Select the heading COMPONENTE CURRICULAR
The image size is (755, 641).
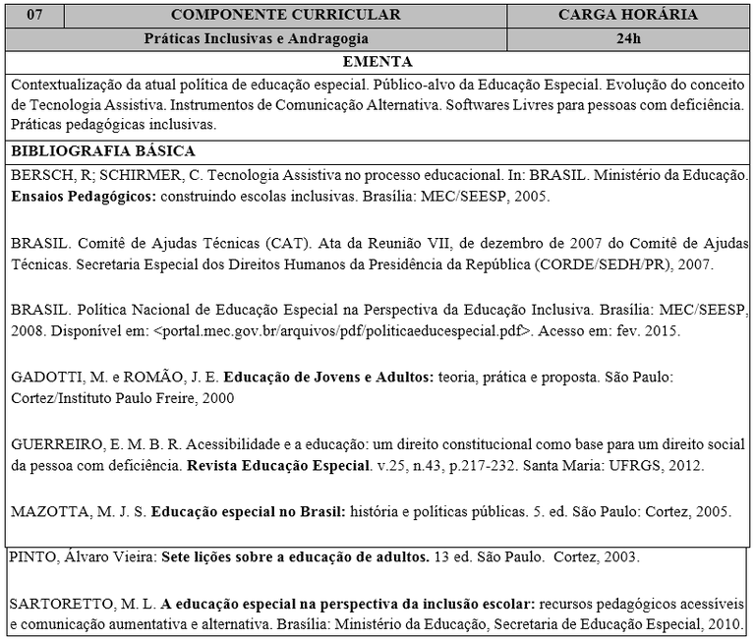coord(286,15)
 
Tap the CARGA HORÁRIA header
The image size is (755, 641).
coord(628,15)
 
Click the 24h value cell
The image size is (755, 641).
coord(628,39)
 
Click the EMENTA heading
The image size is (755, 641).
coord(378,61)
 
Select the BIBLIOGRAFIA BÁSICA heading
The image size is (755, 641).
coord(103,151)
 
